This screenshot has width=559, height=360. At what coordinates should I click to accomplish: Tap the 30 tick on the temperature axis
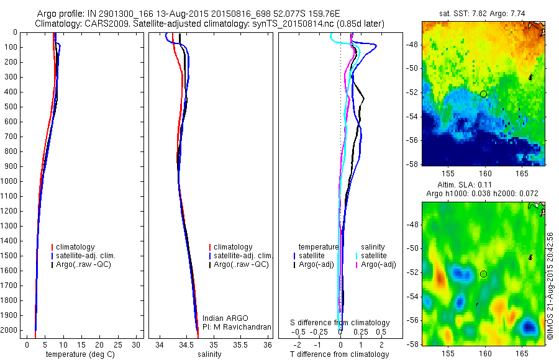pyautogui.click(x=137, y=344)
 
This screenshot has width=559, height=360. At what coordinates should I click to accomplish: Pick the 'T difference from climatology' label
pyautogui.click(x=340, y=354)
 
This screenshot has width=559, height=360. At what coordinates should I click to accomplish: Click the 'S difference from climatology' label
pyautogui.click(x=340, y=323)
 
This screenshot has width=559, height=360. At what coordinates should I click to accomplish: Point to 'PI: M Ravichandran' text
pyautogui.click(x=237, y=327)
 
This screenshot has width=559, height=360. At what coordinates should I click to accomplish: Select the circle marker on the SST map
pyautogui.click(x=483, y=94)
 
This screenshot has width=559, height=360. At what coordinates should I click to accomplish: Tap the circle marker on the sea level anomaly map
pyautogui.click(x=483, y=274)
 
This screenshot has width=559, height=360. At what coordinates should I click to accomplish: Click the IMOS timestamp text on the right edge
pyautogui.click(x=550, y=286)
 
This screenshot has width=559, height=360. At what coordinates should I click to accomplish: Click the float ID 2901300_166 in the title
pyautogui.click(x=124, y=14)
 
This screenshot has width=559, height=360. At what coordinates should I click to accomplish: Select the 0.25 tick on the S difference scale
pyautogui.click(x=360, y=332)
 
